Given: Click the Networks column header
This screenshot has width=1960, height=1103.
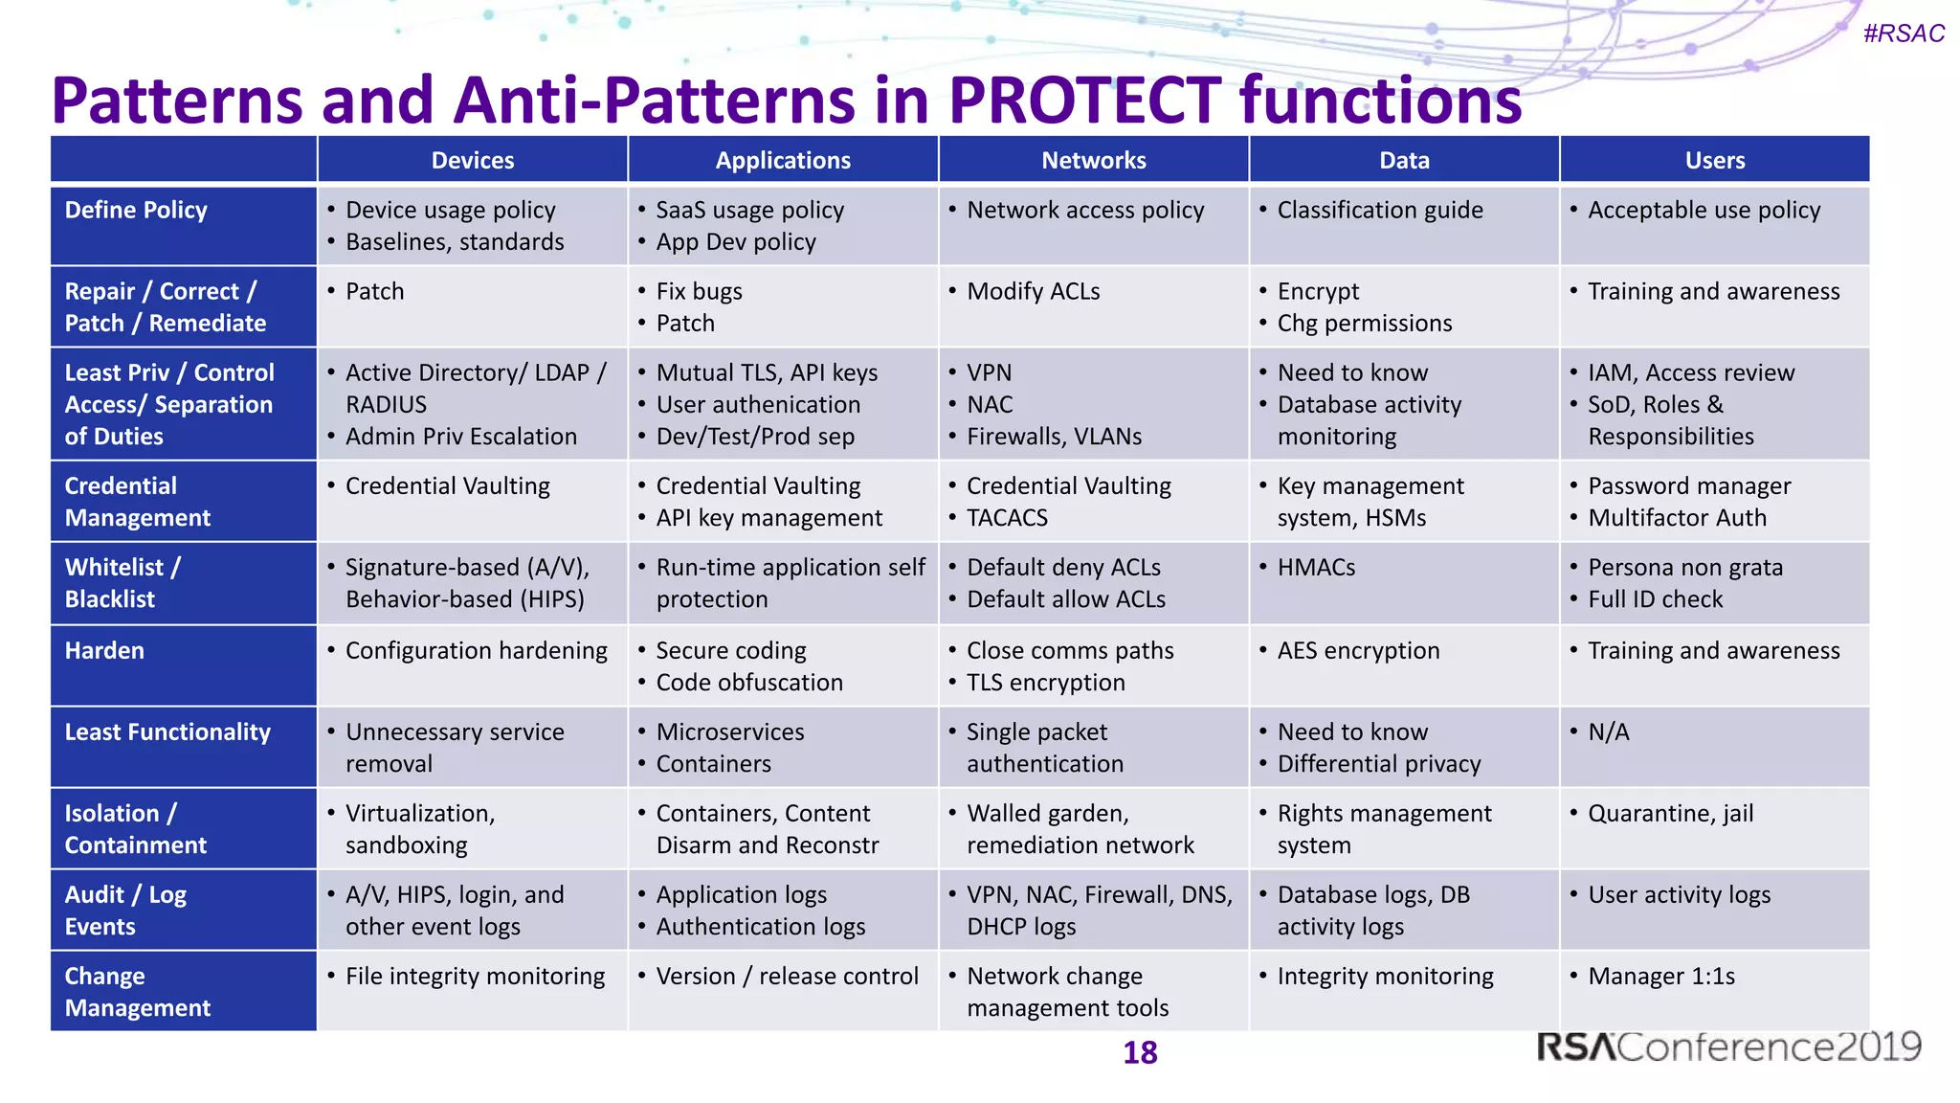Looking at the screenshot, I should pos(1093,160).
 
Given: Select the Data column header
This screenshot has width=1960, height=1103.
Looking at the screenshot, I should pos(1404,160).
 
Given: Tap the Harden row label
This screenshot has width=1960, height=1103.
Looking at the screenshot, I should pos(104,651).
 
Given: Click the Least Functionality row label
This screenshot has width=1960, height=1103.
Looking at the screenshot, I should pos(167,732).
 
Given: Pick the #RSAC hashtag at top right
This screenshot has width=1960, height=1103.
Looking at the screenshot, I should pos(1903,34).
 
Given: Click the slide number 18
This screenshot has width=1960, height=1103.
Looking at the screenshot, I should pos(1140,1052).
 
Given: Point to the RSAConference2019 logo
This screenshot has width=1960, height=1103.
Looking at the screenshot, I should pos(1728,1047).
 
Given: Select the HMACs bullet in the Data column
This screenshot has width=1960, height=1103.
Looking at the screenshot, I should pos(1316,568).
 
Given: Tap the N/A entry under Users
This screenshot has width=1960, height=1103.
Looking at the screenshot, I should pos(1608,732).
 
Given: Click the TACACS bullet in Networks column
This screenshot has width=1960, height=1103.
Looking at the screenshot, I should pos(1007,518).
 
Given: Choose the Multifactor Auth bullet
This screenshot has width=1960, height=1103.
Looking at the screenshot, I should pos(1677,518).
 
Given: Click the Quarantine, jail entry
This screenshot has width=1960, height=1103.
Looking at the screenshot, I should pos(1670,814).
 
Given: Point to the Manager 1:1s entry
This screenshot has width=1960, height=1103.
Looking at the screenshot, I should pos(1660,977).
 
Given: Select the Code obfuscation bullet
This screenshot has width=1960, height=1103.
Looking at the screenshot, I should pos(749,683).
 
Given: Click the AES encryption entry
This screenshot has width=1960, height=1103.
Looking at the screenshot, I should pos(1358,651).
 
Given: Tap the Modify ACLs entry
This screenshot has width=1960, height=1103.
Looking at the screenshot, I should pos(1033,291).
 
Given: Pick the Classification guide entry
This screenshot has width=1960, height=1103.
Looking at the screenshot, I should pos(1379,210).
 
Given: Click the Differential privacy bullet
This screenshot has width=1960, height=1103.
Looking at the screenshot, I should pos(1378,764).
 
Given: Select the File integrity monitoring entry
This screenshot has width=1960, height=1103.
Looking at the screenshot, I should pos(475,977).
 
